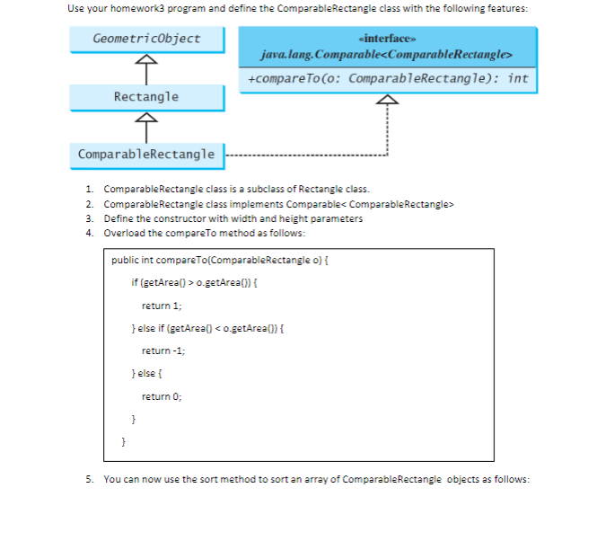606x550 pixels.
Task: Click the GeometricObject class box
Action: click(146, 40)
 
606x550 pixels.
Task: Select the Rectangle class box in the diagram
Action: click(146, 97)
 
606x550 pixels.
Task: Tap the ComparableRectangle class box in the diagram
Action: click(146, 155)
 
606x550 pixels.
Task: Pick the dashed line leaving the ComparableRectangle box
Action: click(305, 155)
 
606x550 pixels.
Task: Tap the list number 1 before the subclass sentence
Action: click(90, 190)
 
